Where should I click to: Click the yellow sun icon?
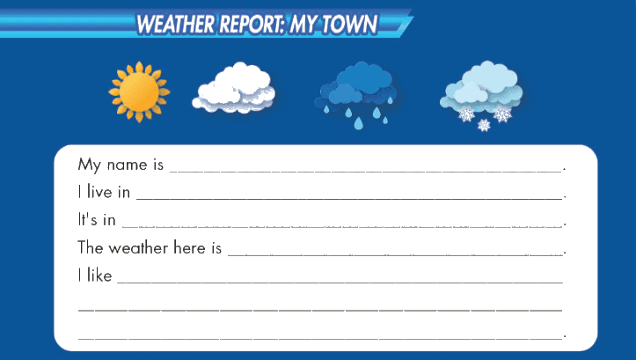pyautogui.click(x=139, y=92)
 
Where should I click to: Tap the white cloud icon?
pyautogui.click(x=234, y=88)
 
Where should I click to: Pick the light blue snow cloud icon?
pyautogui.click(x=481, y=96)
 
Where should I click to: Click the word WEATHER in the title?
pyautogui.click(x=175, y=24)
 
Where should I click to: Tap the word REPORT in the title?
pyautogui.click(x=252, y=24)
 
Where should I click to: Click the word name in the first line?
pyautogui.click(x=127, y=165)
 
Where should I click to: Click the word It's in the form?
pyautogui.click(x=88, y=219)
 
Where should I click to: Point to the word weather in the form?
pyautogui.click(x=138, y=247)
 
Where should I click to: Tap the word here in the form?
pyautogui.click(x=189, y=247)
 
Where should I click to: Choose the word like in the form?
pyautogui.click(x=99, y=275)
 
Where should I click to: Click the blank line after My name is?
pyautogui.click(x=365, y=172)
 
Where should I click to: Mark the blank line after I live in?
pyautogui.click(x=349, y=198)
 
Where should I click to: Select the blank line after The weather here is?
pyautogui.click(x=395, y=254)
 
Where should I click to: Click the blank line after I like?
pyautogui.click(x=340, y=282)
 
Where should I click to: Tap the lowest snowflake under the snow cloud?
pyautogui.click(x=484, y=125)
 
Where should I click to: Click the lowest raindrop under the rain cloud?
pyautogui.click(x=358, y=123)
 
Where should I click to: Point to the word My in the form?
pyautogui.click(x=89, y=165)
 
